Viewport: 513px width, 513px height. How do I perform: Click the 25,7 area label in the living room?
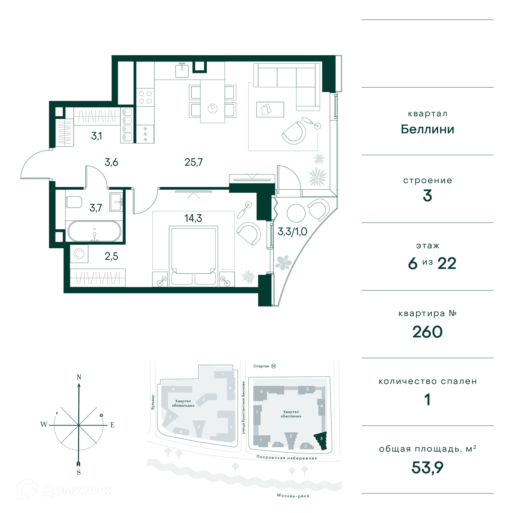click(x=194, y=162)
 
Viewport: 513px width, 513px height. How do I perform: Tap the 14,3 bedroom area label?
click(x=193, y=218)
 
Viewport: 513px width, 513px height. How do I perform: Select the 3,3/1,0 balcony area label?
click(x=292, y=232)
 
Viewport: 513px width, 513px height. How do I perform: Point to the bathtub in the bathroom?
click(x=94, y=231)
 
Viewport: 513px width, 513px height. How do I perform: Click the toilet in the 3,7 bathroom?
click(x=74, y=202)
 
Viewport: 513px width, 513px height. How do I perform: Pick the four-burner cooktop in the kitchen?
click(x=145, y=97)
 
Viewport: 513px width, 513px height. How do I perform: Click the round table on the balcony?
click(x=296, y=213)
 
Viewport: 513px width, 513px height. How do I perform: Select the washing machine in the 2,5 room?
click(x=79, y=254)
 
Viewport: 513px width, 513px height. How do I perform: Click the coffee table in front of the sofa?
click(x=270, y=110)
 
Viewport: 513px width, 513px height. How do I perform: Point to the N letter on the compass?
click(x=79, y=377)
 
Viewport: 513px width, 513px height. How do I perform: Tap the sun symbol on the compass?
click(x=101, y=415)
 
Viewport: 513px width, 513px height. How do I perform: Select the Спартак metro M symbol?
click(x=274, y=366)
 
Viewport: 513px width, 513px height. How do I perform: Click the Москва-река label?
click(x=293, y=496)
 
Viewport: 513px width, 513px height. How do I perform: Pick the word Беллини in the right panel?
click(x=428, y=129)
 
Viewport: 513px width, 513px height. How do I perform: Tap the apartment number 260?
click(x=428, y=332)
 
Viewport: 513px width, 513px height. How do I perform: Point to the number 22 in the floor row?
click(x=447, y=264)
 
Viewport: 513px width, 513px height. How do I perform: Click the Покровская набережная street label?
click(x=286, y=458)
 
